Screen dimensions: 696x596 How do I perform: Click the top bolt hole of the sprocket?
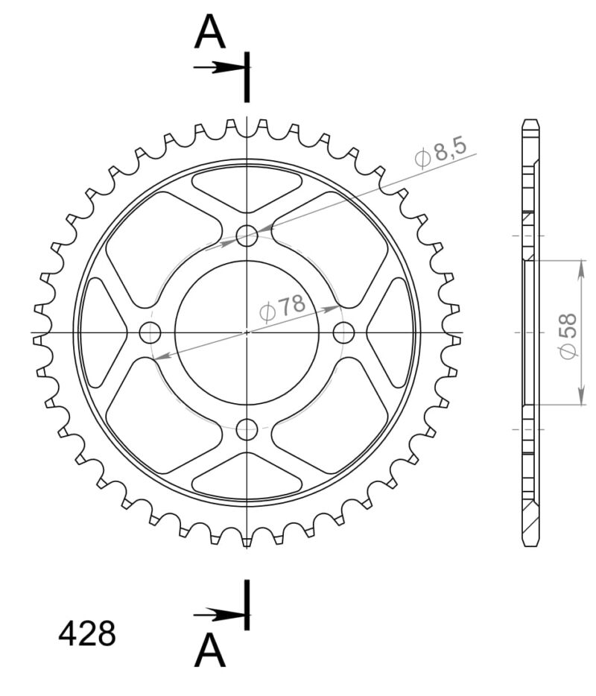[247, 236]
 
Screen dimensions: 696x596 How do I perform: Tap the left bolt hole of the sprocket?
[150, 332]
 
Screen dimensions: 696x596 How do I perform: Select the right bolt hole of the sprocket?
[343, 332]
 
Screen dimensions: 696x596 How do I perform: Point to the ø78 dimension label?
[282, 306]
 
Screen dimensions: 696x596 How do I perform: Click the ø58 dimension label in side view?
[568, 335]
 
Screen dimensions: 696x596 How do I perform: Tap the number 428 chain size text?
[87, 634]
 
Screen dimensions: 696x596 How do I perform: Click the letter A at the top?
[210, 34]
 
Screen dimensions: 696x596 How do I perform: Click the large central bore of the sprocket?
[247, 332]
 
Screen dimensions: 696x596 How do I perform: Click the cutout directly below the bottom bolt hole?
[247, 475]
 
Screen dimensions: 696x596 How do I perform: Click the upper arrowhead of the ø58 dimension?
[580, 268]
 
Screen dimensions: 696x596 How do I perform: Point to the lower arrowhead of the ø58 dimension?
[580, 399]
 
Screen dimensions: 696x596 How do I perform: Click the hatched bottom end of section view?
[530, 525]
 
